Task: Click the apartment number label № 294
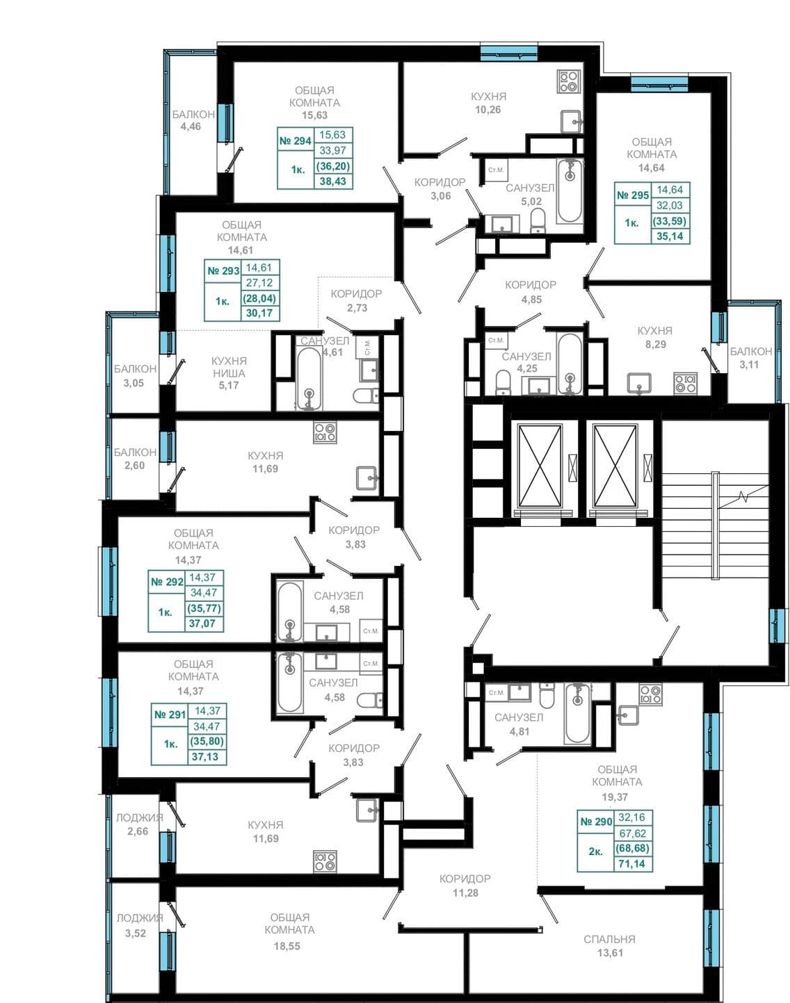click(295, 141)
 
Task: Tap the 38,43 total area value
click(333, 181)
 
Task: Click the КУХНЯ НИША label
click(229, 367)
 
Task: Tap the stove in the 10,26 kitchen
click(569, 81)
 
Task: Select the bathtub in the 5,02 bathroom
click(570, 190)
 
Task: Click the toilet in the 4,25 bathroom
click(503, 382)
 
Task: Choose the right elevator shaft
click(615, 465)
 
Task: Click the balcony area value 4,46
click(191, 127)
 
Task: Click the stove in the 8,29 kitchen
click(686, 383)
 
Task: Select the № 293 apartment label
click(223, 271)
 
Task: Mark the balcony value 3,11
click(749, 365)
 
